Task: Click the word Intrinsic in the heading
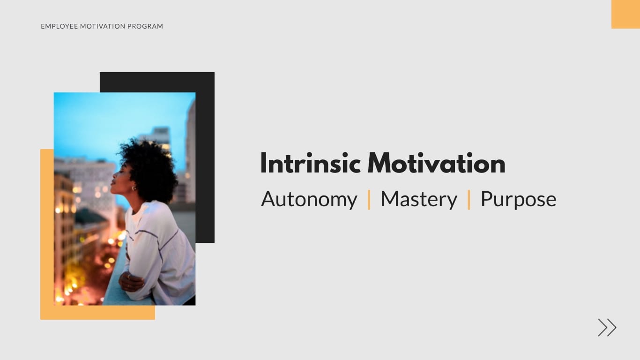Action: (310, 164)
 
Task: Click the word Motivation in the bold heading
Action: (436, 164)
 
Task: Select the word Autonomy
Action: (309, 199)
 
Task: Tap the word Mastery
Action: (418, 199)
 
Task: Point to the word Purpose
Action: (518, 199)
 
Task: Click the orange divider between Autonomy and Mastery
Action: (369, 200)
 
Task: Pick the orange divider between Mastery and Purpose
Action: (469, 200)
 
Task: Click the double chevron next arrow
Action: (607, 327)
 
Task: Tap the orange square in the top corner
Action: (625, 14)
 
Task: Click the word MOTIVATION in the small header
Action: (102, 26)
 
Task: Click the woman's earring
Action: (134, 188)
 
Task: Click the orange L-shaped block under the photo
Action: (47, 234)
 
